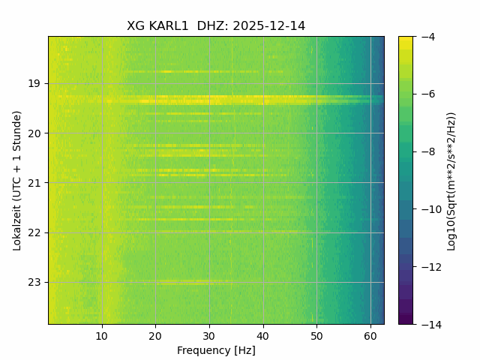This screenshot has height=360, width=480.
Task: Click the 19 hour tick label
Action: tap(36, 83)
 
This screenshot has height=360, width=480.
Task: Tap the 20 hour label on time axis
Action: tap(36, 133)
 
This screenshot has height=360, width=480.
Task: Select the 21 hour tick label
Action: tap(36, 183)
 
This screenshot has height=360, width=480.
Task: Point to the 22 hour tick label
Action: tap(36, 232)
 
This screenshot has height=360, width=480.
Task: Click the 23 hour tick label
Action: tap(36, 283)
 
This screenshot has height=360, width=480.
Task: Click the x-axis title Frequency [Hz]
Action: tap(216, 350)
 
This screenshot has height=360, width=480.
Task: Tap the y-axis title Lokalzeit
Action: tap(17, 180)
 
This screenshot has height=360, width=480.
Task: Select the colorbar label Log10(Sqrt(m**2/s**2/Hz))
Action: tap(451, 180)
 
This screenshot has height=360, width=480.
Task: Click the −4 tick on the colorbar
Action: tap(427, 37)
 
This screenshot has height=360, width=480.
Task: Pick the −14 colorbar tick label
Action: tap(429, 324)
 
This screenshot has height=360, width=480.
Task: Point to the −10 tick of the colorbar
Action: tap(429, 209)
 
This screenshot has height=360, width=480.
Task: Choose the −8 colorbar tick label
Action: tap(427, 151)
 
